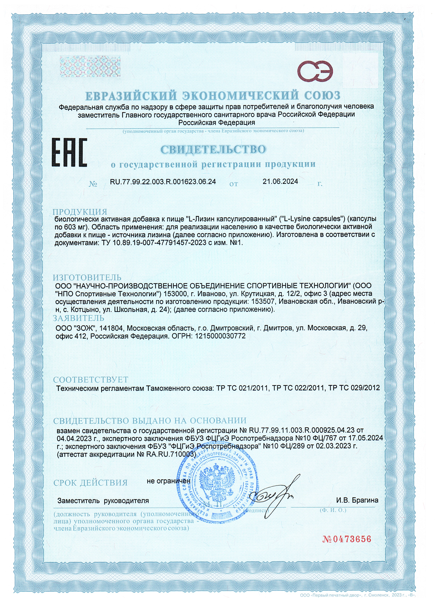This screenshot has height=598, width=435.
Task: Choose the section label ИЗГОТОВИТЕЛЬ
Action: pyautogui.click(x=87, y=277)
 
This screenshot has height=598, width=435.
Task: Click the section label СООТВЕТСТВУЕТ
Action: pyautogui.click(x=91, y=380)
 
